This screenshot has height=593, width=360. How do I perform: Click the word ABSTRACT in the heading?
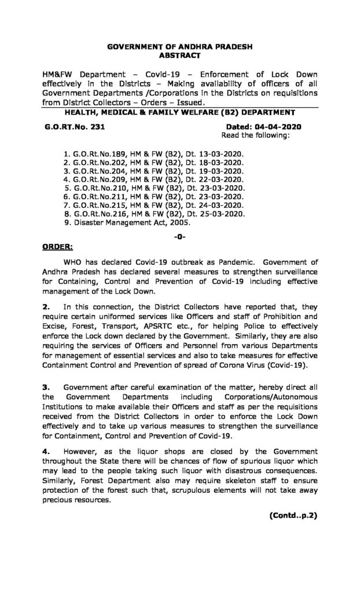tap(179, 56)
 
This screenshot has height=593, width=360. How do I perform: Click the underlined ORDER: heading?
tap(58, 246)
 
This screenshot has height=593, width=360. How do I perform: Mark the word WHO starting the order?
tap(77, 262)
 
